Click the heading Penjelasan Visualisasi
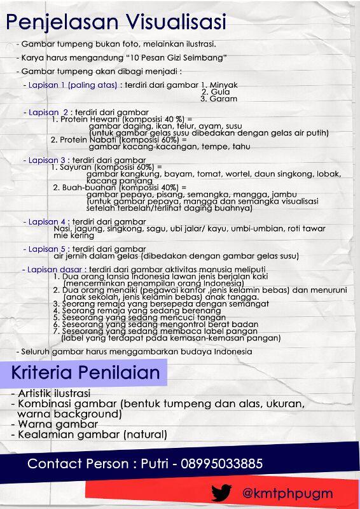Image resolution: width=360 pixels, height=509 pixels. tap(116, 23)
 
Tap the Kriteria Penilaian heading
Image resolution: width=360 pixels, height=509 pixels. tap(88, 372)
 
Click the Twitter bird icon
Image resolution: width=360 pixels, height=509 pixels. tap(222, 492)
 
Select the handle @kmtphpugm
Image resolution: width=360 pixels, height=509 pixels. tap(287, 493)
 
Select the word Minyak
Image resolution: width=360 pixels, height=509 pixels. tap(223, 85)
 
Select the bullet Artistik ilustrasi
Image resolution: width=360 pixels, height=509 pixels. tap(54, 393)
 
